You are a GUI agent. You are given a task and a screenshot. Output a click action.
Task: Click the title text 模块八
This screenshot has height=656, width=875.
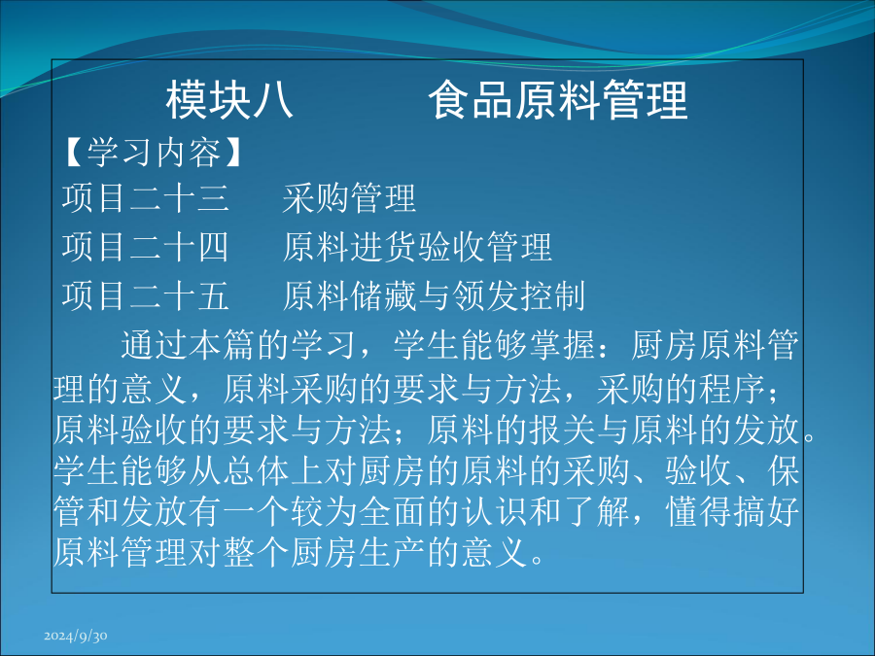click(x=229, y=100)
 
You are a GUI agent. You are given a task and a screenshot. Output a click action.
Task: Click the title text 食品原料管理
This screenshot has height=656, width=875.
click(x=558, y=100)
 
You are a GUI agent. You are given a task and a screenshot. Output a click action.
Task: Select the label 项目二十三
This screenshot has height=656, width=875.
click(x=145, y=198)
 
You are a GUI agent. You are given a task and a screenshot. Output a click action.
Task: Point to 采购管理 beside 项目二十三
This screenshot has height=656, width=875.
click(x=349, y=198)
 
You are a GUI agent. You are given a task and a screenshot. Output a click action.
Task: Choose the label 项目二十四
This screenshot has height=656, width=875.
click(x=145, y=247)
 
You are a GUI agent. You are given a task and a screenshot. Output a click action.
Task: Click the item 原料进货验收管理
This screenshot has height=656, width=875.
click(x=417, y=247)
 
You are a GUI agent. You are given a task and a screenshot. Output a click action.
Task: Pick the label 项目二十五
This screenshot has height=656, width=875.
click(x=145, y=295)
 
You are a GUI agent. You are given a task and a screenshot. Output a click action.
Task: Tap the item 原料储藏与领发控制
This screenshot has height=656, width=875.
click(x=434, y=295)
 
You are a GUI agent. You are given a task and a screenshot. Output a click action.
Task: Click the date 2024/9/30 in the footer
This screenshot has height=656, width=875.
click(x=76, y=636)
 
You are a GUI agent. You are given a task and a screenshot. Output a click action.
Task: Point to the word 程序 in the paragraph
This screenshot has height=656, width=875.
click(x=732, y=389)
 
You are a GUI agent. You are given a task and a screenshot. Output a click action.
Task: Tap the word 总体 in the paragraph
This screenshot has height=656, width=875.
click(x=256, y=471)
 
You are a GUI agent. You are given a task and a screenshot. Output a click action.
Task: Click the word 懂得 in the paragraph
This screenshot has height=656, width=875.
click(x=698, y=511)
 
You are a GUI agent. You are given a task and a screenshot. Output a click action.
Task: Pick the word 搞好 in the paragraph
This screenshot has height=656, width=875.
click(x=766, y=511)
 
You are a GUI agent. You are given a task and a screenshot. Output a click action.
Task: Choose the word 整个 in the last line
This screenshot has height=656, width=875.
click(x=256, y=552)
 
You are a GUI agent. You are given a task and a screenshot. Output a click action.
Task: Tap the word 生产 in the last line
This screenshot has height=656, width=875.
click(x=393, y=552)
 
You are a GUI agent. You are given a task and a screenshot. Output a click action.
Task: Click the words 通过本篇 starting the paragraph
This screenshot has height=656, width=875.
click(x=189, y=345)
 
